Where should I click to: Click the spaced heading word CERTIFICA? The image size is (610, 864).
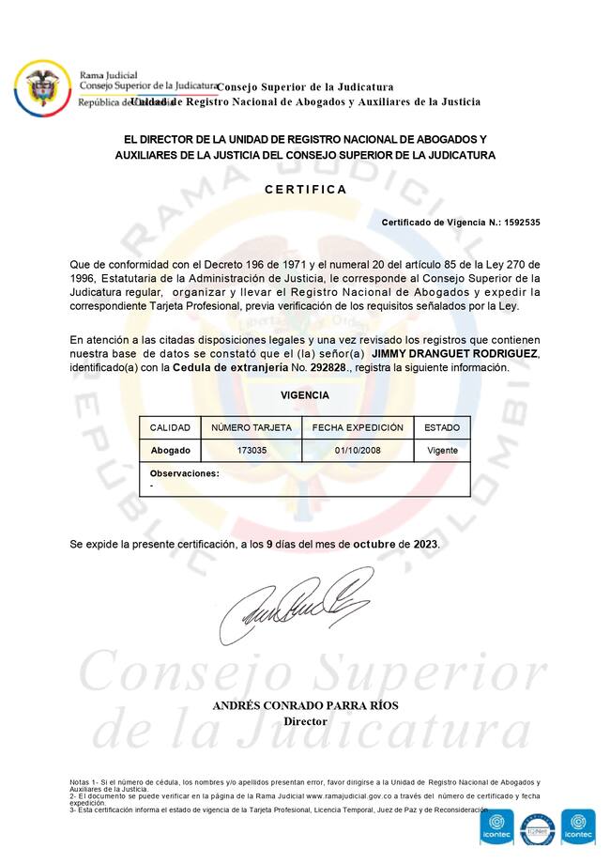point(305,189)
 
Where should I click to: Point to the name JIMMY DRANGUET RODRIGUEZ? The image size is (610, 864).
point(455,353)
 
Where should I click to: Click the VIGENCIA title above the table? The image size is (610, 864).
point(305,395)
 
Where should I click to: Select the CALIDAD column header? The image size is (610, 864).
point(170,427)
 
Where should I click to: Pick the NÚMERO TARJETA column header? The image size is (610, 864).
point(252,427)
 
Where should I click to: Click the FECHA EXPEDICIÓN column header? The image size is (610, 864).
point(358,427)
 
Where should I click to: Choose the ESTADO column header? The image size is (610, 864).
point(442,427)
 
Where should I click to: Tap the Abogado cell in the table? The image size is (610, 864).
point(170,451)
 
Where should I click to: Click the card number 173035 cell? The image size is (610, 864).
point(252,451)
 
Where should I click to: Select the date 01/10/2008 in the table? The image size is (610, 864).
point(358,451)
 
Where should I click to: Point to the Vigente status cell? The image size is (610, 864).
point(442,451)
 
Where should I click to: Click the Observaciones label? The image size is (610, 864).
point(184,473)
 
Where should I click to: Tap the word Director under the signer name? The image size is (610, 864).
point(305,721)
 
